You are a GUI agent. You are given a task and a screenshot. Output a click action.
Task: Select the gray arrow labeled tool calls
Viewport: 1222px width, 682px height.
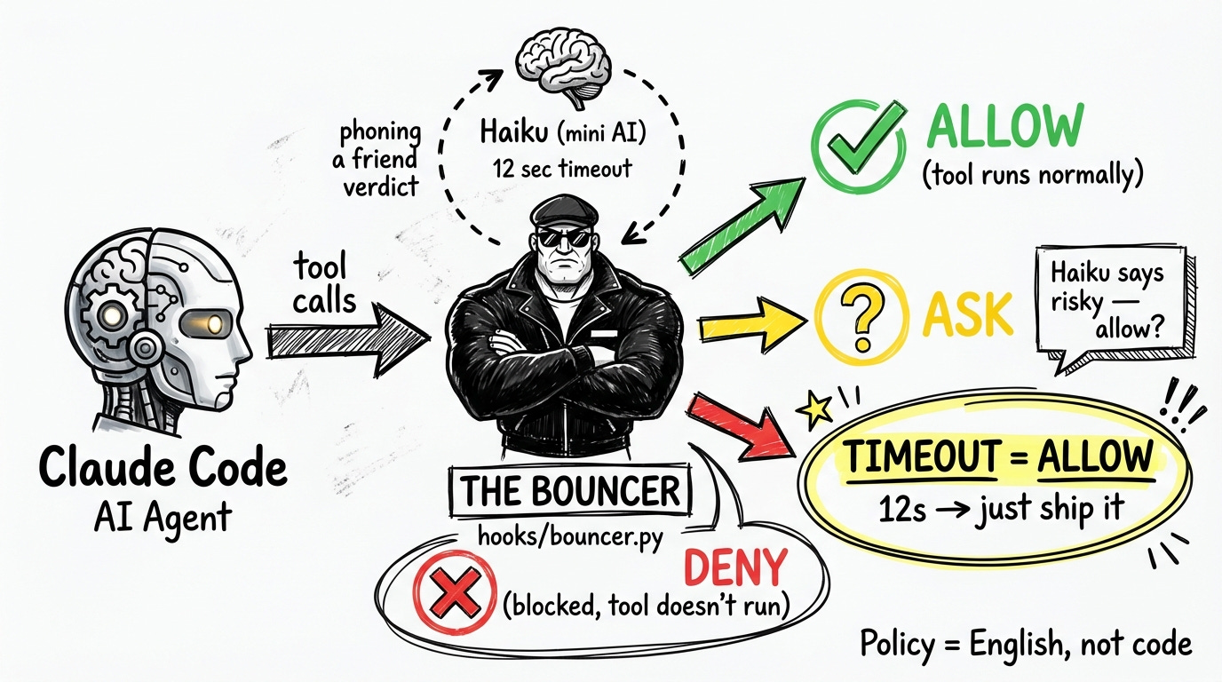click(350, 338)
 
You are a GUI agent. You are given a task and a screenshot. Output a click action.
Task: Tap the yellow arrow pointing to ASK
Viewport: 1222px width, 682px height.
click(755, 326)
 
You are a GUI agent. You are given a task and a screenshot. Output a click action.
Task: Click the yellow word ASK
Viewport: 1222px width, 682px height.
click(968, 315)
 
